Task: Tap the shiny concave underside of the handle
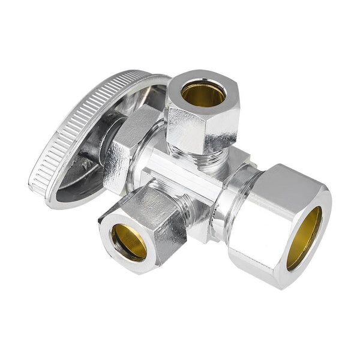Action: click(90, 180)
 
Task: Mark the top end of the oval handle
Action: click(141, 73)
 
